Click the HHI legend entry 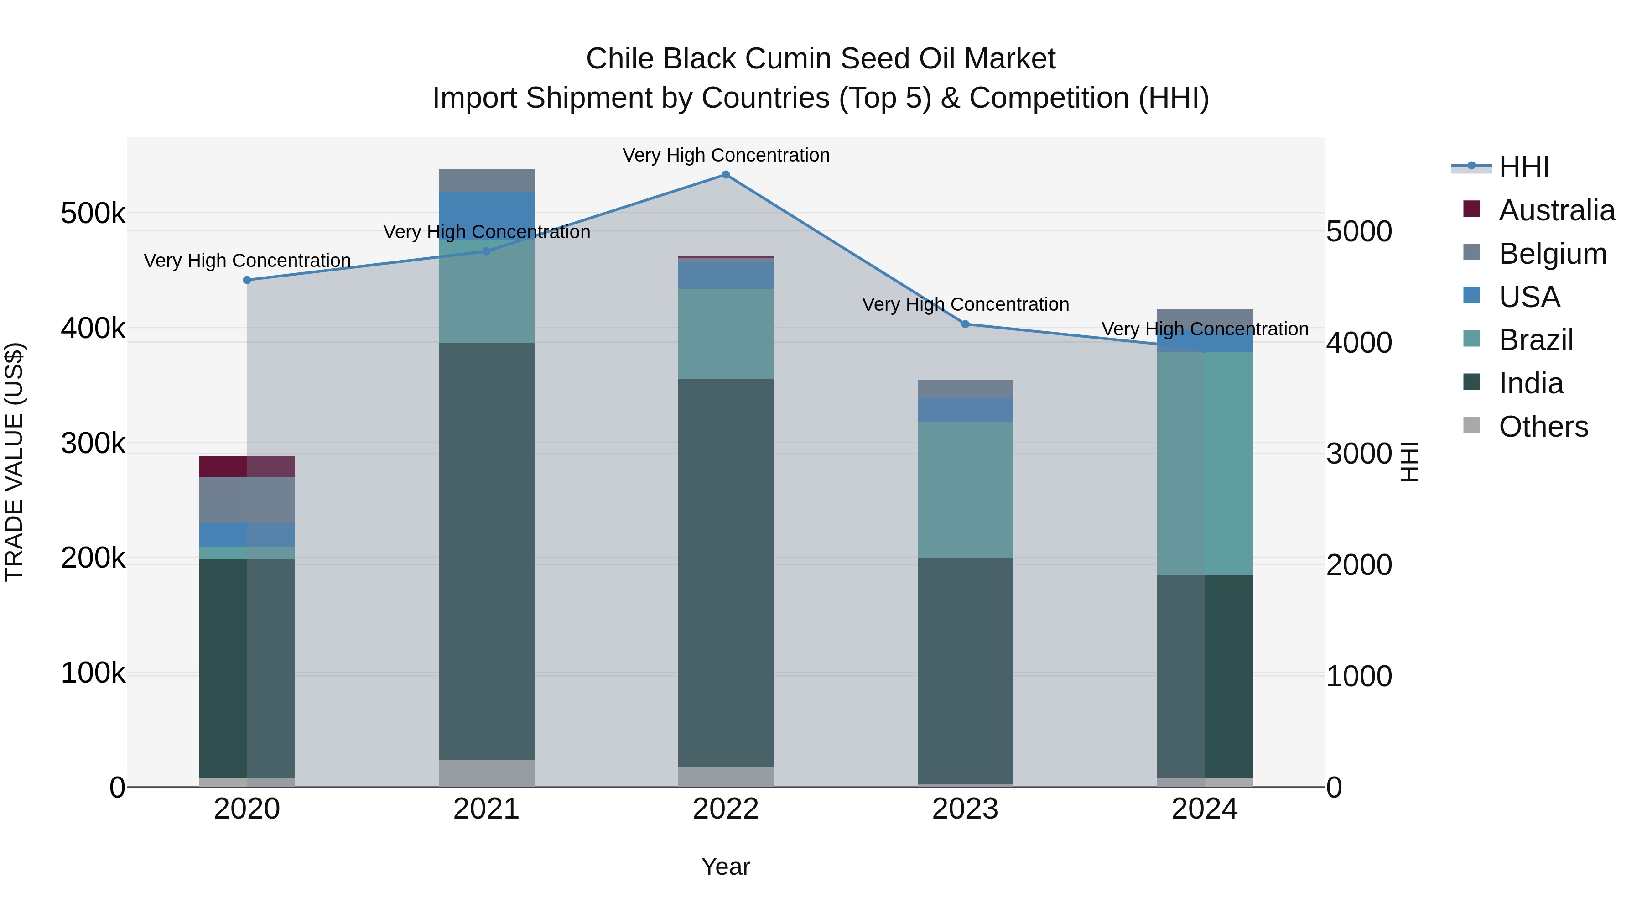point(1523,167)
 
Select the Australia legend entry point(1556,210)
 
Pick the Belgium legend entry point(1552,254)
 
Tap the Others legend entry point(1543,427)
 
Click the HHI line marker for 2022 point(725,175)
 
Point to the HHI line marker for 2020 point(247,280)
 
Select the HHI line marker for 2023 point(965,324)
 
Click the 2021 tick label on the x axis point(486,809)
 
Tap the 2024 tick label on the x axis point(1204,809)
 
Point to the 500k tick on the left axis point(93,213)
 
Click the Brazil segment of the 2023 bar point(965,490)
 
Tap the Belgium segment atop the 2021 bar point(486,180)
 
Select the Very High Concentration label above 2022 point(725,156)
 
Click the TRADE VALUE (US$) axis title point(15,462)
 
